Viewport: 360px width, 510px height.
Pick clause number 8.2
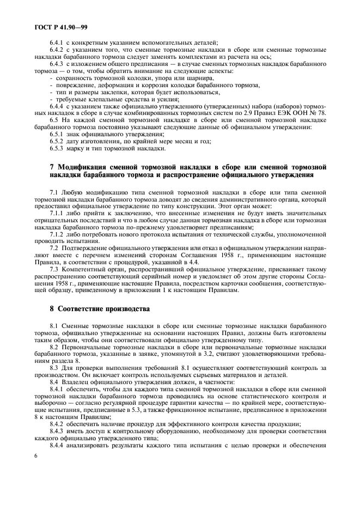click(54, 347)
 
